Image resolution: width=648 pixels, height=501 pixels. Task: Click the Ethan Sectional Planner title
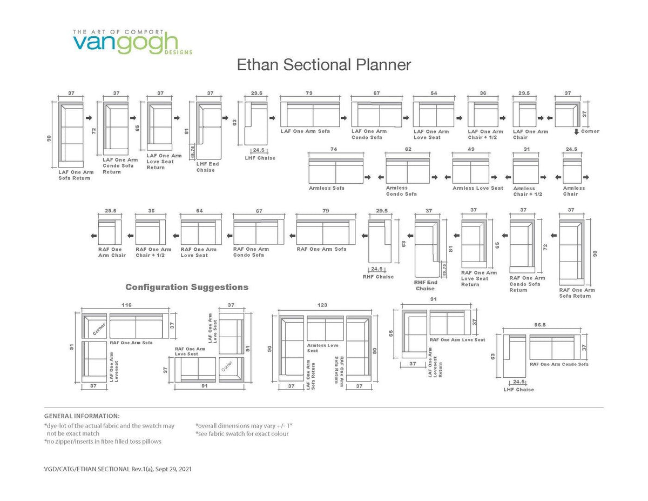(324, 65)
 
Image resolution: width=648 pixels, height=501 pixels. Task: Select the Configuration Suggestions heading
(187, 287)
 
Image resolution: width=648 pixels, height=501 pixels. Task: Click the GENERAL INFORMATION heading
(82, 416)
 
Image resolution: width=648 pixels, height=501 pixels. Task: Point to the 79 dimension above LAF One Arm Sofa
(309, 93)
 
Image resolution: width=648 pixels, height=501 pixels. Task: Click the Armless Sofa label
(326, 188)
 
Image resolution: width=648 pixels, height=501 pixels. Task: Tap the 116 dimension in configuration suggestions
(126, 305)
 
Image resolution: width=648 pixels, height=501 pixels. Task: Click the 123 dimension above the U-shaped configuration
(322, 305)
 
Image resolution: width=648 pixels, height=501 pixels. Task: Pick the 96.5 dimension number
(540, 325)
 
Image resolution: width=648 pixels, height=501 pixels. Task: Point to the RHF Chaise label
(378, 277)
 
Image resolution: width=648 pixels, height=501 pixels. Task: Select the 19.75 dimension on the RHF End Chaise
(444, 269)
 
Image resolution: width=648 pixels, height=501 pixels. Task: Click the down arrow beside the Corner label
(576, 131)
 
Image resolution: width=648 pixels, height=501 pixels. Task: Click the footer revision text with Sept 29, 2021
(117, 469)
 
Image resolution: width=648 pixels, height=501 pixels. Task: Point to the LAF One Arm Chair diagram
(523, 114)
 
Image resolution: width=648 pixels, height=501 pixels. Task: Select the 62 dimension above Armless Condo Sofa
(408, 149)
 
